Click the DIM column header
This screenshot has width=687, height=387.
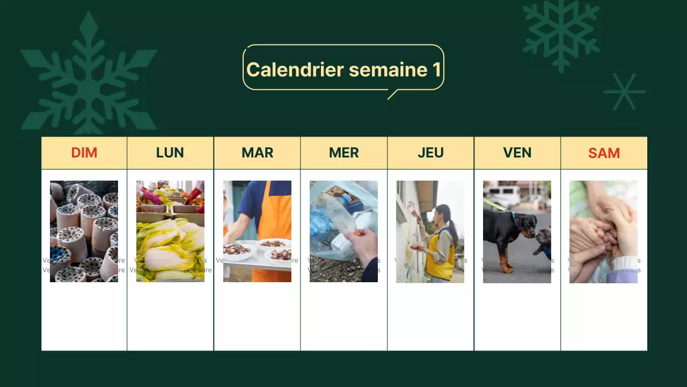[84, 153]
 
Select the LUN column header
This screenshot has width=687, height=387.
[170, 153]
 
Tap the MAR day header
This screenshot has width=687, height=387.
[257, 153]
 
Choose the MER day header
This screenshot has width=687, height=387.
[343, 153]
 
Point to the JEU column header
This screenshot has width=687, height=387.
[430, 153]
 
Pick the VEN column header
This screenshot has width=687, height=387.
[517, 153]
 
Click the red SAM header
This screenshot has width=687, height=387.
[604, 153]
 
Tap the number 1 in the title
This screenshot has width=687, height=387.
[436, 69]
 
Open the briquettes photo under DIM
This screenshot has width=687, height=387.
[84, 231]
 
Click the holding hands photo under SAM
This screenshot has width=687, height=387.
[603, 231]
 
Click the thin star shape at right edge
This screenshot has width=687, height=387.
[624, 92]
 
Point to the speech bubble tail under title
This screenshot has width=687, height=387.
[392, 94]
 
